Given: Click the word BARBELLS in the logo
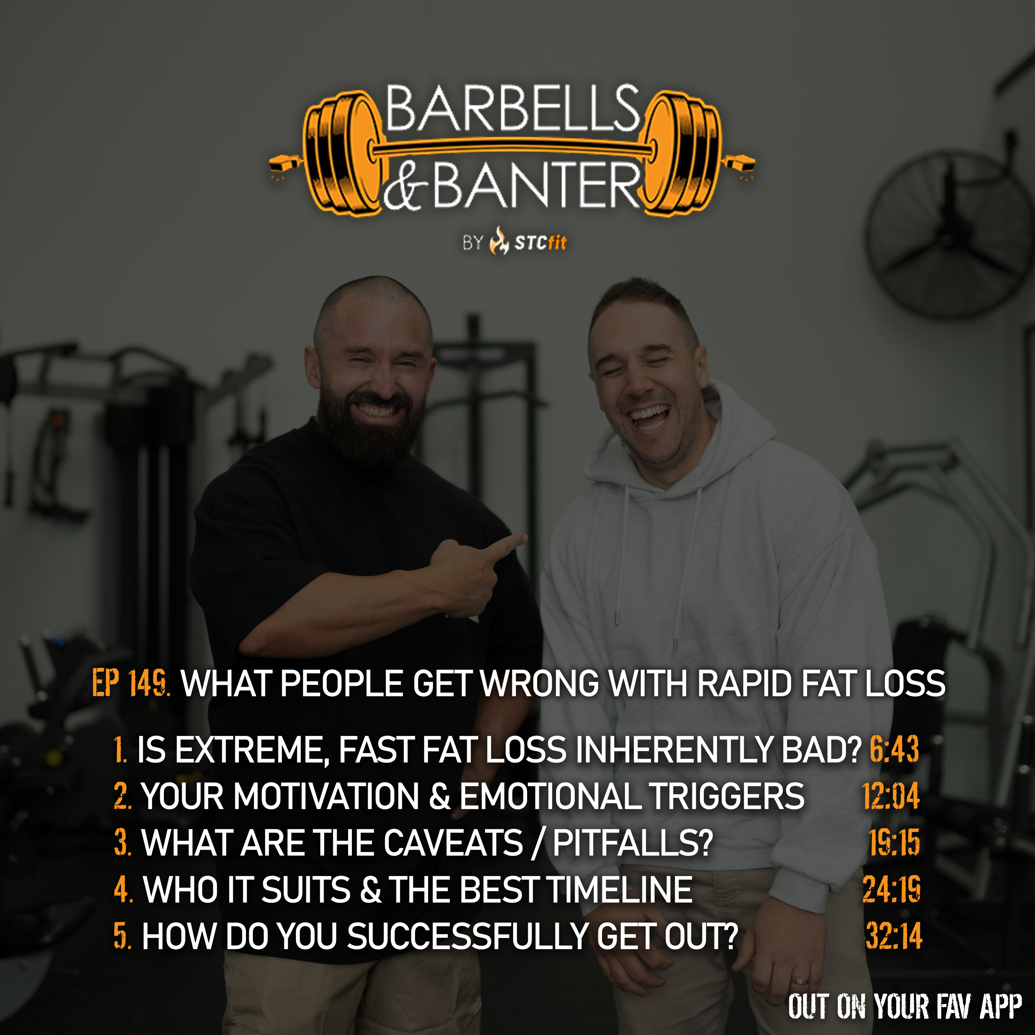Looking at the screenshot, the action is pos(513,108).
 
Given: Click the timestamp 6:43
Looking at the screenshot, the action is pos(894,749).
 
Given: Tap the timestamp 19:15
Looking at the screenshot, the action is pos(894,843).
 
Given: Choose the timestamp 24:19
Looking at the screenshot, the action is pos(891,889).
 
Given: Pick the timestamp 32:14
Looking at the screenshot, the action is pos(894,936).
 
